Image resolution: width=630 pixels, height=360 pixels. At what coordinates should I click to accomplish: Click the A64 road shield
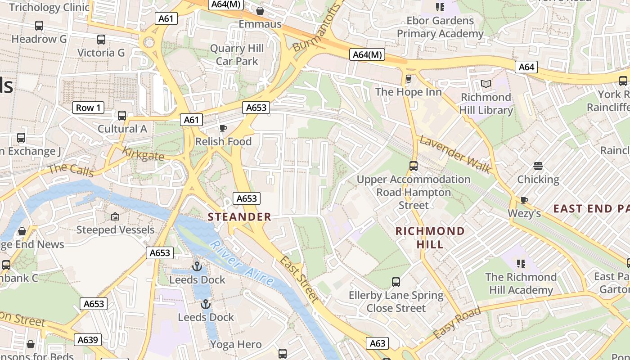(526, 67)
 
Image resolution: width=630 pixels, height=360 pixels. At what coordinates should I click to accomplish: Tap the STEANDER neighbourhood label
(239, 217)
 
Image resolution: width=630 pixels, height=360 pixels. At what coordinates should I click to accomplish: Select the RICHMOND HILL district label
(430, 238)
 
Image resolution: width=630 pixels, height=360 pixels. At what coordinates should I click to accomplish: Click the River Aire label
(242, 263)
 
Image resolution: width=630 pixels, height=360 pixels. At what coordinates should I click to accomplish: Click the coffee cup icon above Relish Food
(223, 129)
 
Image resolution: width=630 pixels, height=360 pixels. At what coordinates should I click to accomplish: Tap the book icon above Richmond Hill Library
(486, 84)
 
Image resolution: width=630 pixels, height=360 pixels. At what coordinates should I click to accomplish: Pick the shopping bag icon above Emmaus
(260, 11)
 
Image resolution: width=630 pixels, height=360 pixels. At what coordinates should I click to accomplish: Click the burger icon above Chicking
(538, 166)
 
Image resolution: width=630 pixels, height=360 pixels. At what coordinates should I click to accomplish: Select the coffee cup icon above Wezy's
(524, 200)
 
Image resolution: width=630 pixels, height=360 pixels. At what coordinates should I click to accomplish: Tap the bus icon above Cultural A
(122, 116)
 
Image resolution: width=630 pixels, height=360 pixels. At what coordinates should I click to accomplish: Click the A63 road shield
(377, 343)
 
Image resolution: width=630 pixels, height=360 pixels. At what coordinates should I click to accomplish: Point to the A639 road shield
(88, 340)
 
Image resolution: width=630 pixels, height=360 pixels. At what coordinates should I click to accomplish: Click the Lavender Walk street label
(455, 155)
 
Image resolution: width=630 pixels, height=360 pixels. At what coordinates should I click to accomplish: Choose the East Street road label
(299, 279)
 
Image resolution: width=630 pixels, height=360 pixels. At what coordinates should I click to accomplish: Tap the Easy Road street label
(457, 323)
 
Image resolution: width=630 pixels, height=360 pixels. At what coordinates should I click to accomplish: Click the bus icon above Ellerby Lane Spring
(396, 282)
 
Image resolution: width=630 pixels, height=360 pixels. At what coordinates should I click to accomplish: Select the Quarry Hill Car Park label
(237, 55)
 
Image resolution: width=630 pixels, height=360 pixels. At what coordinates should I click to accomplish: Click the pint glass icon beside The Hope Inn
(409, 79)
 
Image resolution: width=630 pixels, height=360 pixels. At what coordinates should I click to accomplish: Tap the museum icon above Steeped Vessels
(115, 217)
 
